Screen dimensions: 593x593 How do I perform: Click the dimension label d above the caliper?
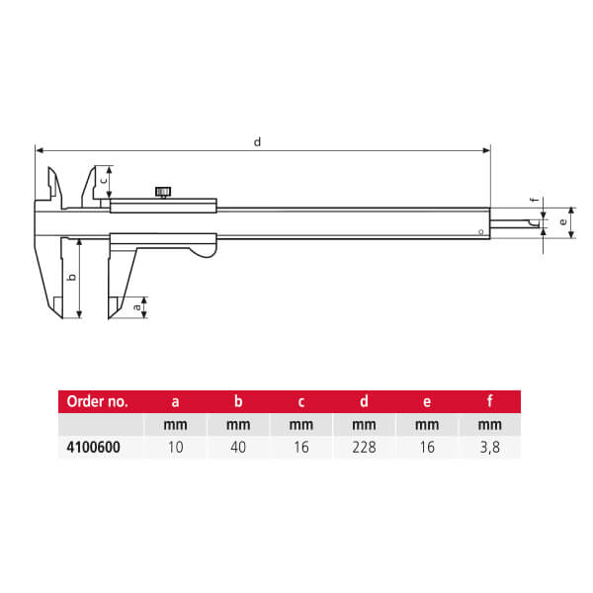(257, 141)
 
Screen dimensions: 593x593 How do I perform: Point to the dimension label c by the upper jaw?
(103, 181)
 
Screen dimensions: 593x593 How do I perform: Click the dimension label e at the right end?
(563, 223)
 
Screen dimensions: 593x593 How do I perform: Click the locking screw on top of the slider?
(163, 192)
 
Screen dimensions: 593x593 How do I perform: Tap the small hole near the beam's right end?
(480, 233)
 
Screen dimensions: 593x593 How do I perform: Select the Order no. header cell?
(97, 402)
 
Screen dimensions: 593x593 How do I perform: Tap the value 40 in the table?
(238, 448)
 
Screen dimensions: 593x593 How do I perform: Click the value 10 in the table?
(176, 448)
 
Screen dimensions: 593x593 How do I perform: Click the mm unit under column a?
(176, 426)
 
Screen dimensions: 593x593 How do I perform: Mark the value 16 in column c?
(300, 448)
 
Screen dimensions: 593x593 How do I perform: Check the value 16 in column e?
(426, 448)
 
